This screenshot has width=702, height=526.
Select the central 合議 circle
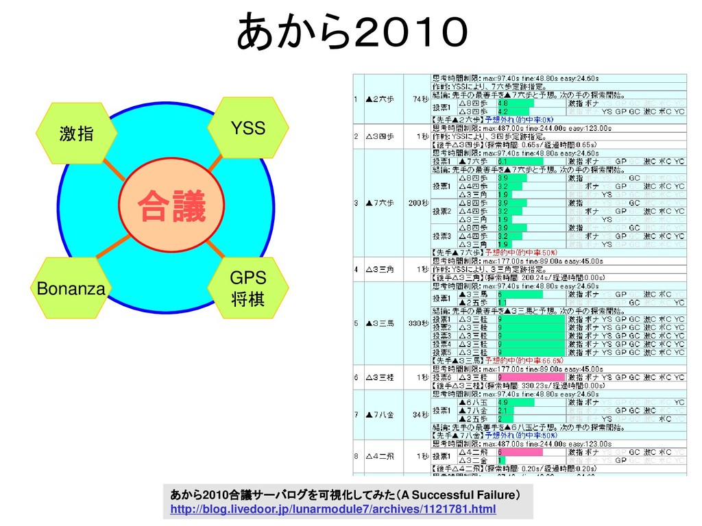click(x=171, y=207)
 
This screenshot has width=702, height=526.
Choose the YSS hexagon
click(x=247, y=127)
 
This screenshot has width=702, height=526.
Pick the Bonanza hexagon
click(x=71, y=288)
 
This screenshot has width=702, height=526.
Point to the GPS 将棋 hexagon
click(x=247, y=288)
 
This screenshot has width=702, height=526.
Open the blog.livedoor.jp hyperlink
click(x=332, y=510)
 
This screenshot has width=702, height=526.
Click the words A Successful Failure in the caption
click(x=459, y=494)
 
